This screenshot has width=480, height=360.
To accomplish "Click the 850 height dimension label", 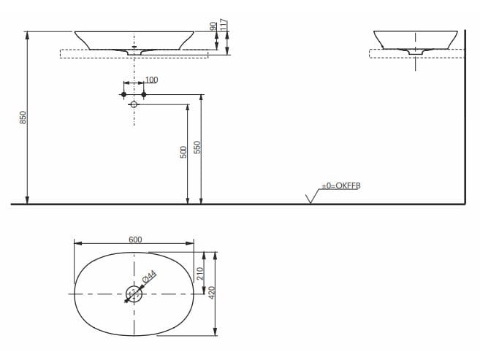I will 22,118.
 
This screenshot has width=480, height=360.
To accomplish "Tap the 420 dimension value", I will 212,294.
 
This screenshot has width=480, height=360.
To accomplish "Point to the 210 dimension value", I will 199,274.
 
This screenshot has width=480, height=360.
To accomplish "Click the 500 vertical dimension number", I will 184,150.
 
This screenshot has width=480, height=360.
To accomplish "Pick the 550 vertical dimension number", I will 197,147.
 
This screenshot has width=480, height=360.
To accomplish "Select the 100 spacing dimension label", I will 151,80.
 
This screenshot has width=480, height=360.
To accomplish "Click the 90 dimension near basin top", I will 213,28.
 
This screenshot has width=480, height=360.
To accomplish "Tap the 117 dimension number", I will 224,25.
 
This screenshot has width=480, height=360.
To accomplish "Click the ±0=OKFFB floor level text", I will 340,186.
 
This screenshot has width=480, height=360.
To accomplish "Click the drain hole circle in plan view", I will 134,294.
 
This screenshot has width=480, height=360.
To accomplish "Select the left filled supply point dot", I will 124,95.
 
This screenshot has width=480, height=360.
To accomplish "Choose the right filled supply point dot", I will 144,95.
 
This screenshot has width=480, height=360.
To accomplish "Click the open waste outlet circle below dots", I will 134,104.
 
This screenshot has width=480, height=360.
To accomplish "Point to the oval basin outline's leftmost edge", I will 75,294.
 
